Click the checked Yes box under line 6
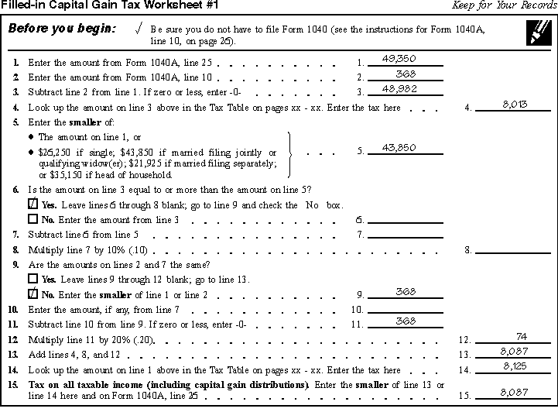click(33, 205)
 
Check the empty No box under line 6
click(33, 220)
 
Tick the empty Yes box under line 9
click(33, 278)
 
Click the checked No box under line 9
click(33, 294)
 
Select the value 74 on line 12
click(521, 335)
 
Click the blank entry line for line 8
click(514, 249)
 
